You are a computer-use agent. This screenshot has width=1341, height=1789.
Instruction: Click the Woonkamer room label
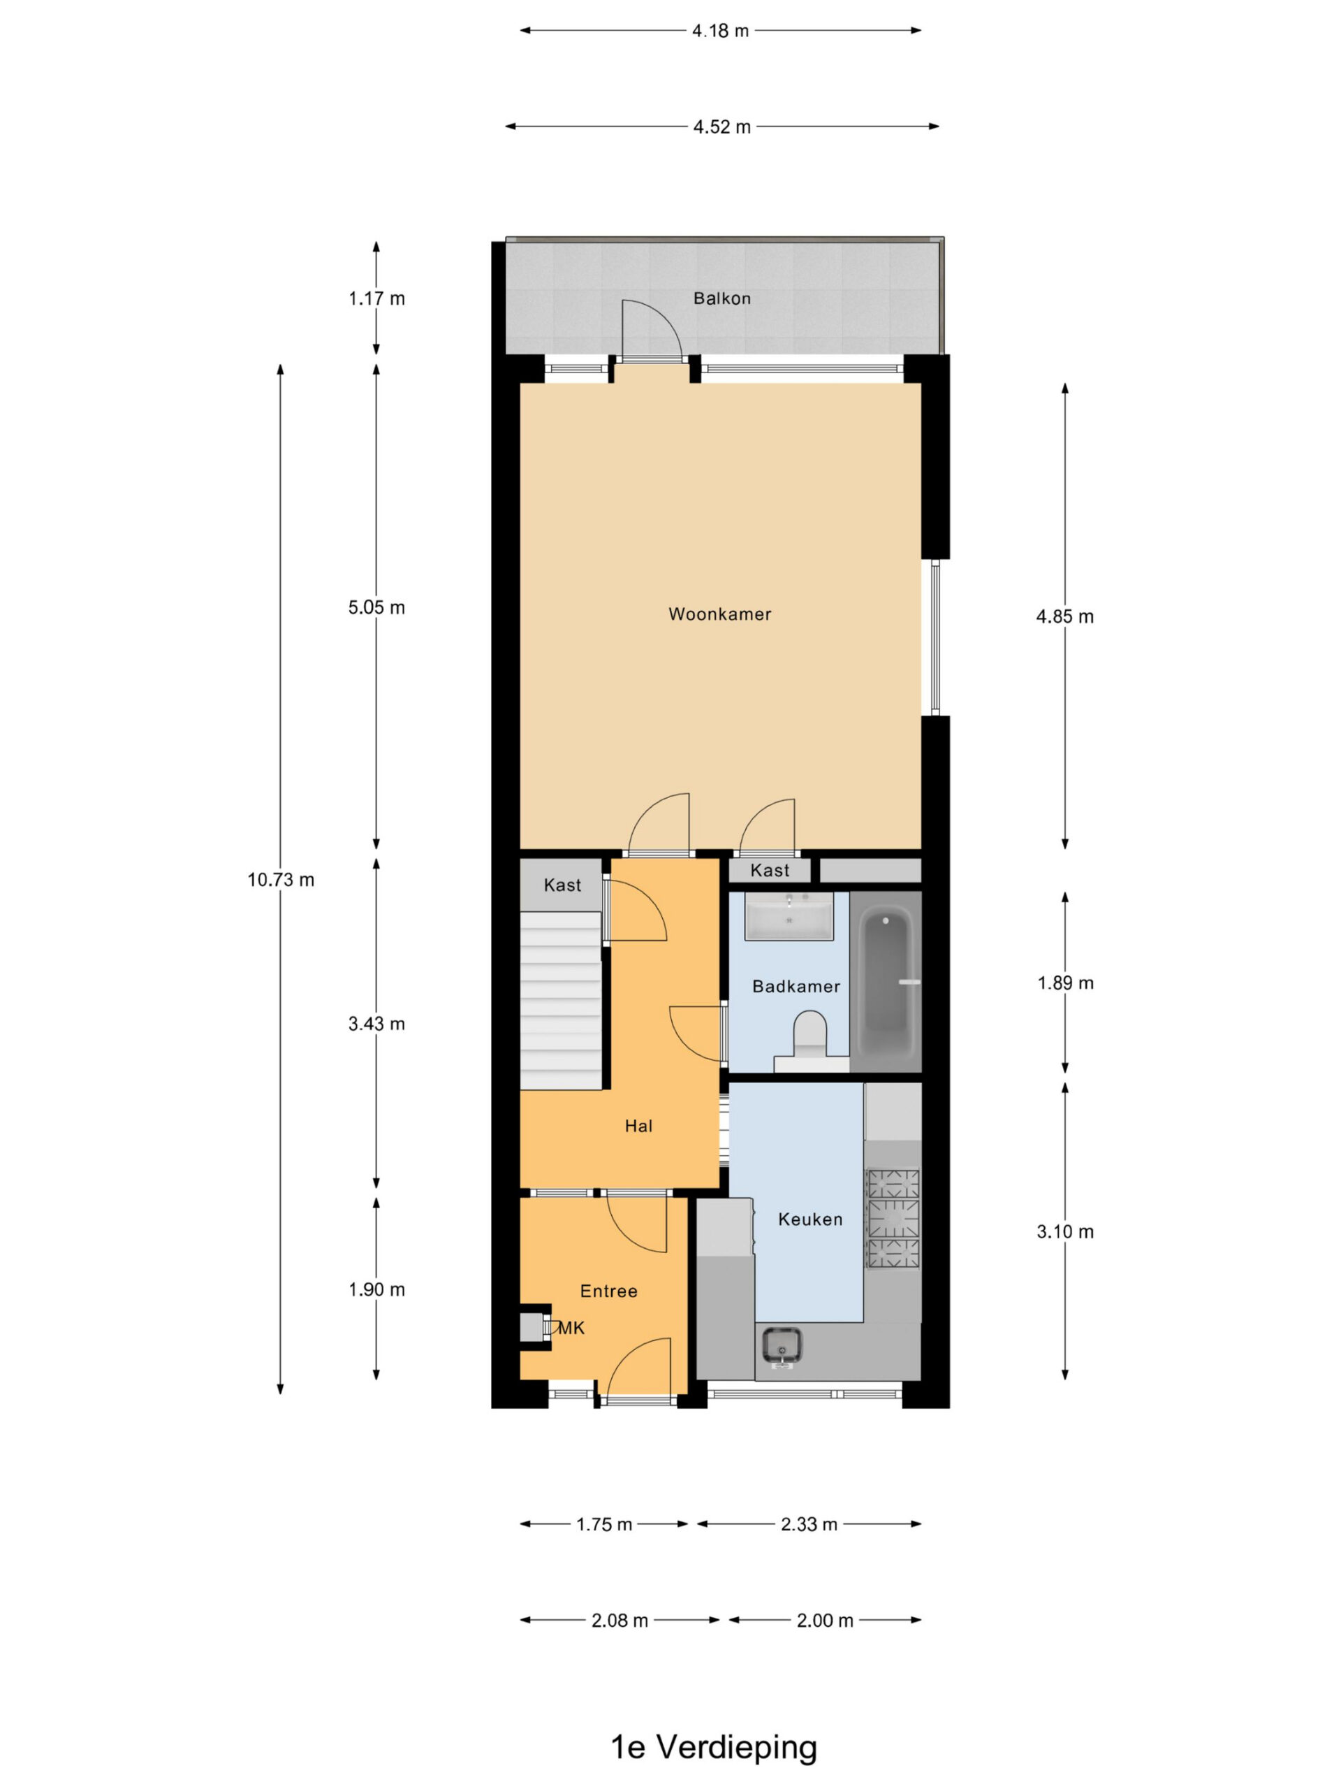click(719, 614)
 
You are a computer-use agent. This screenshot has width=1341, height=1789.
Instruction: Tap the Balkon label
click(721, 298)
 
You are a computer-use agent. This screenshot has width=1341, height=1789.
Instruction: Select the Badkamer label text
click(796, 986)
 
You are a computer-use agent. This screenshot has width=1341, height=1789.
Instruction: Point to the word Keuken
click(810, 1219)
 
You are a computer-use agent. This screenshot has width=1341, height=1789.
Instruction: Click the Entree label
click(608, 1291)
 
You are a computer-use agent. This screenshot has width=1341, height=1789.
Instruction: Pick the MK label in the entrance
click(571, 1327)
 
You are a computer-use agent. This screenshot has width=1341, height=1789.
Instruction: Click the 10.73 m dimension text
click(281, 879)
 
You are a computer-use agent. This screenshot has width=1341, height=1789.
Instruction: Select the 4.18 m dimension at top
click(720, 31)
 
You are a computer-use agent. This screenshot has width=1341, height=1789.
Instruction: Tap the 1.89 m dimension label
click(1065, 983)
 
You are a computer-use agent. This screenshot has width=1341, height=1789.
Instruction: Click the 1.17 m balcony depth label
click(376, 298)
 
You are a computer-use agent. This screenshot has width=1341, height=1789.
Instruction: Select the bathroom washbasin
click(789, 917)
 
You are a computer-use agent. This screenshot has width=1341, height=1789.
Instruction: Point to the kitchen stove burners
click(893, 1217)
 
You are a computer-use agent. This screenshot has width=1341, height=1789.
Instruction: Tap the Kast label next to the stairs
click(562, 885)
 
